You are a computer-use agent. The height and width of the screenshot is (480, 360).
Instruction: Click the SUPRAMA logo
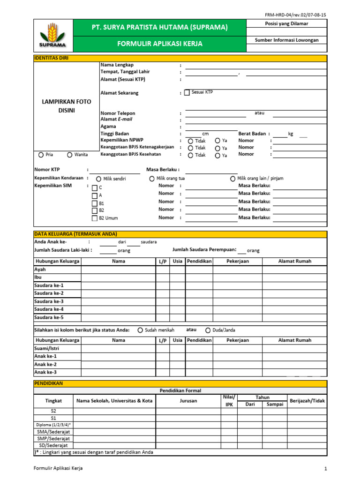[x=52, y=36]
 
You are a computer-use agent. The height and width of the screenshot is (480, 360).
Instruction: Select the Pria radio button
[x=41, y=155]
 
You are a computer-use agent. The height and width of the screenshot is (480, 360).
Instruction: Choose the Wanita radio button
[x=70, y=155]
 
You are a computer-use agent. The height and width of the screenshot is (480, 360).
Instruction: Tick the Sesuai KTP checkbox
[x=187, y=93]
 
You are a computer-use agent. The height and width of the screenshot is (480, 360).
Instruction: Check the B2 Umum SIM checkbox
[x=95, y=218]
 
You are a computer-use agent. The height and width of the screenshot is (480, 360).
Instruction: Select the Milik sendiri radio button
[x=98, y=179]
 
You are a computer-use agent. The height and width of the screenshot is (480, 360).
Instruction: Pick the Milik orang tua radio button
[x=152, y=179]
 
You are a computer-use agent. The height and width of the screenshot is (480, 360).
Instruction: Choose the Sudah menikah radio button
[x=140, y=330]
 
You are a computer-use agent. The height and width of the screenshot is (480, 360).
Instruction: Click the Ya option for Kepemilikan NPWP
[x=217, y=141]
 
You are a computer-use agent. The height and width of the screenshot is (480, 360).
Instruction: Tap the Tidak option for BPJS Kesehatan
[x=190, y=155]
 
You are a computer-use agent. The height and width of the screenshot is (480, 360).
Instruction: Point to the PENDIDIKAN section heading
[x=49, y=383]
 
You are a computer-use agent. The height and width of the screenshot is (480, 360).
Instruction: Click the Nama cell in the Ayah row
[x=118, y=270]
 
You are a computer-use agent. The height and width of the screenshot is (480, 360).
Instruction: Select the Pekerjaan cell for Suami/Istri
[x=237, y=348]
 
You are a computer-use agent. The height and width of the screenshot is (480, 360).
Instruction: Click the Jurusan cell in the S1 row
[x=188, y=418]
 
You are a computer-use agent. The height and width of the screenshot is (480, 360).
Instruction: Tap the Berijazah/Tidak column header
[x=307, y=401]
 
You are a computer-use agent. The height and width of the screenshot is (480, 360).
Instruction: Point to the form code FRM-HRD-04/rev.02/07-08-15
[x=295, y=15]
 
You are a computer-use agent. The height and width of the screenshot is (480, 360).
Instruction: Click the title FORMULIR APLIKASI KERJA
[x=160, y=44]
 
